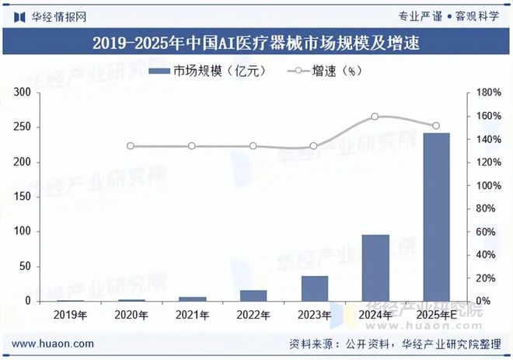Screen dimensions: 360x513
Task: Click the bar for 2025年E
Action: [436, 217]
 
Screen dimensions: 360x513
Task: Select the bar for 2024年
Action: [375, 267]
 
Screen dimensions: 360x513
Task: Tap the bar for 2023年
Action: [315, 288]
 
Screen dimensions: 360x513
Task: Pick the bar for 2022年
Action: [253, 295]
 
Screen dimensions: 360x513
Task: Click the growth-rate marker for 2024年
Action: [375, 117]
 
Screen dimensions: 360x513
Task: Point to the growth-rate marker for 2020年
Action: [131, 146]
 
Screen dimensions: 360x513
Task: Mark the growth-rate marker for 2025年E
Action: [436, 126]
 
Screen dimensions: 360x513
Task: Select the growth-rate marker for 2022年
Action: [253, 146]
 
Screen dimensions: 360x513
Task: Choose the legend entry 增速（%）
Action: [325, 71]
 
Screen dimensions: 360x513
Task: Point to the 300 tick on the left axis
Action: [23, 93]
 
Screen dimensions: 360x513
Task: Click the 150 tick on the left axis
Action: [23, 197]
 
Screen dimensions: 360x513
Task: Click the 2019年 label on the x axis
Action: [70, 315]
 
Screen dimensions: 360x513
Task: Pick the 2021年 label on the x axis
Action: [192, 315]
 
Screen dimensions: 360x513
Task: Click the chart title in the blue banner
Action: [256, 43]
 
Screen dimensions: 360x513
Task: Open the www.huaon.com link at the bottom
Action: [54, 344]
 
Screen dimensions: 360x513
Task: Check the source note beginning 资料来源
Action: [394, 344]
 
